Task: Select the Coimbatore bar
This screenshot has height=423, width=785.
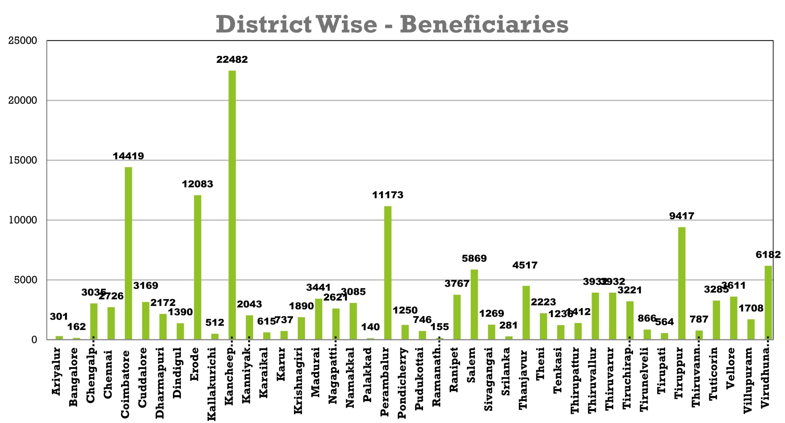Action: pyautogui.click(x=128, y=253)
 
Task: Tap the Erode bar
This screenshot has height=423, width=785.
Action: pyautogui.click(x=197, y=267)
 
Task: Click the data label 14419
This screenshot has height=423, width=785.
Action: pyautogui.click(x=128, y=156)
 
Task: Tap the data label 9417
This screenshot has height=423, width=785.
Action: pyautogui.click(x=682, y=216)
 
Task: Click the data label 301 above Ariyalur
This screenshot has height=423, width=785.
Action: pyautogui.click(x=59, y=317)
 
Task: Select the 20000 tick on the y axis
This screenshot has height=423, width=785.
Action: pyautogui.click(x=23, y=100)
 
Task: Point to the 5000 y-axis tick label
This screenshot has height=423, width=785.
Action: pyautogui.click(x=25, y=280)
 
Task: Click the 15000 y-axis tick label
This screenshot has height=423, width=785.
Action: pyautogui.click(x=23, y=160)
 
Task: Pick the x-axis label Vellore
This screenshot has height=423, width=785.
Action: pyautogui.click(x=731, y=368)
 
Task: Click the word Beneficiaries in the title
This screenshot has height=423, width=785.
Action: pyautogui.click(x=484, y=25)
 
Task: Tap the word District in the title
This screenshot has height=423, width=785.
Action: pyautogui.click(x=264, y=25)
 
